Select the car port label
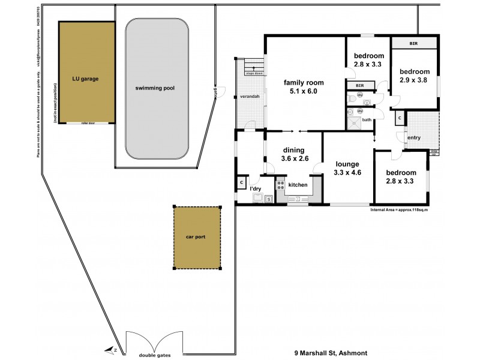point(196,237)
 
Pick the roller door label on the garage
point(88,123)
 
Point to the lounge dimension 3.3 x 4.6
point(347,173)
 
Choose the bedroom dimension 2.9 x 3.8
point(415,79)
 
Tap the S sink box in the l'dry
point(269,199)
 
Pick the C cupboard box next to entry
point(399,119)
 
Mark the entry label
point(414,138)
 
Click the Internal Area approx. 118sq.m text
point(403,211)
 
